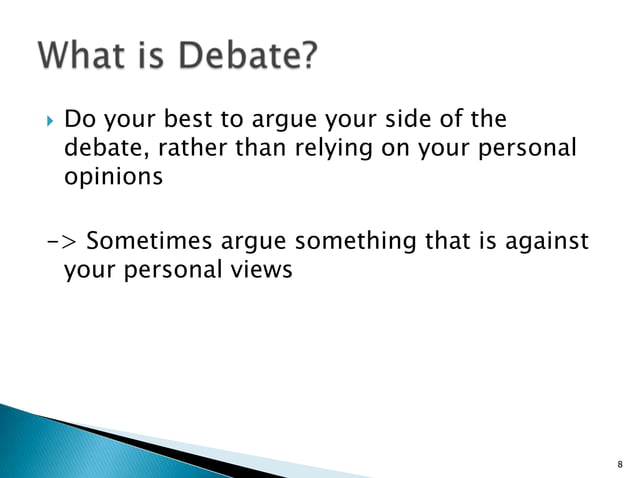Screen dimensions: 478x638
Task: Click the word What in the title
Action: coord(87,56)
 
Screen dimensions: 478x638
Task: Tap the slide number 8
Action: coord(620,463)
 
